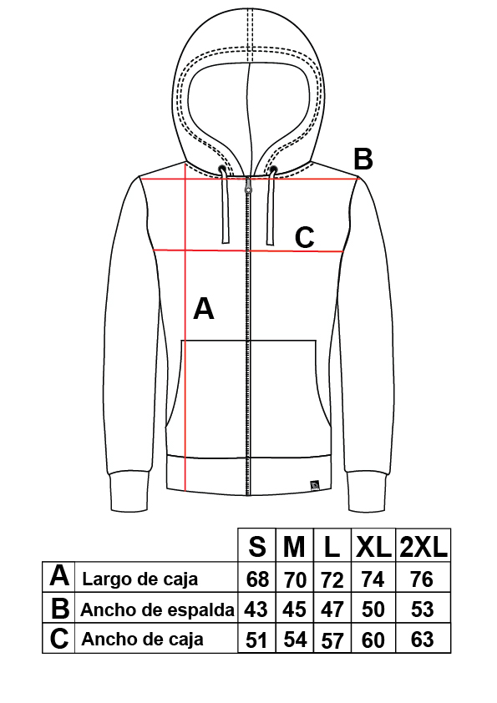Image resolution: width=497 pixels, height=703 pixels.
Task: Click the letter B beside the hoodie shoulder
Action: click(363, 159)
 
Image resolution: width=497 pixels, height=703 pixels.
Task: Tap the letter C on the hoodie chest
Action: click(305, 238)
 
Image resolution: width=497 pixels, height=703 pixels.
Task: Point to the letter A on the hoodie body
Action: click(204, 308)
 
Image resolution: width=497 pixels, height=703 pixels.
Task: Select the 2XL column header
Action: click(423, 547)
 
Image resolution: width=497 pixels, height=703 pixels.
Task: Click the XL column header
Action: click(373, 547)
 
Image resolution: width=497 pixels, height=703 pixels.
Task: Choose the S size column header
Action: click(256, 547)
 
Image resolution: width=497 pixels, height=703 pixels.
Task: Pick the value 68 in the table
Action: click(257, 579)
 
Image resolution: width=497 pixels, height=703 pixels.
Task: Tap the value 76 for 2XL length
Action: click(422, 579)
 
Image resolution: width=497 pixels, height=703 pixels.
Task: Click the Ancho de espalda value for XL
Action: click(373, 609)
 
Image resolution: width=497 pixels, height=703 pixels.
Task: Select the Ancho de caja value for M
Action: click(295, 640)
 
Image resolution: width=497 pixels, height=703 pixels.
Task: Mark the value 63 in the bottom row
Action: click(422, 640)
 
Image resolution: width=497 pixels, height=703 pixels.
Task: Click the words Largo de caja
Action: click(140, 579)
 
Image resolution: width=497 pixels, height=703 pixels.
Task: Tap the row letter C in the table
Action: click(59, 639)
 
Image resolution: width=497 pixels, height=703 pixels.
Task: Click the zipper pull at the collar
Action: click(247, 185)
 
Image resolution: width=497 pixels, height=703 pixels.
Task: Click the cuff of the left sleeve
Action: click(129, 491)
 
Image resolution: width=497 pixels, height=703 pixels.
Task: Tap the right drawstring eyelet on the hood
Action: click(272, 169)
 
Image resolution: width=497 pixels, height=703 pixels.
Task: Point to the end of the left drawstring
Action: click(226, 240)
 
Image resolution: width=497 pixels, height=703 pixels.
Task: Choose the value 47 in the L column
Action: click(332, 609)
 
